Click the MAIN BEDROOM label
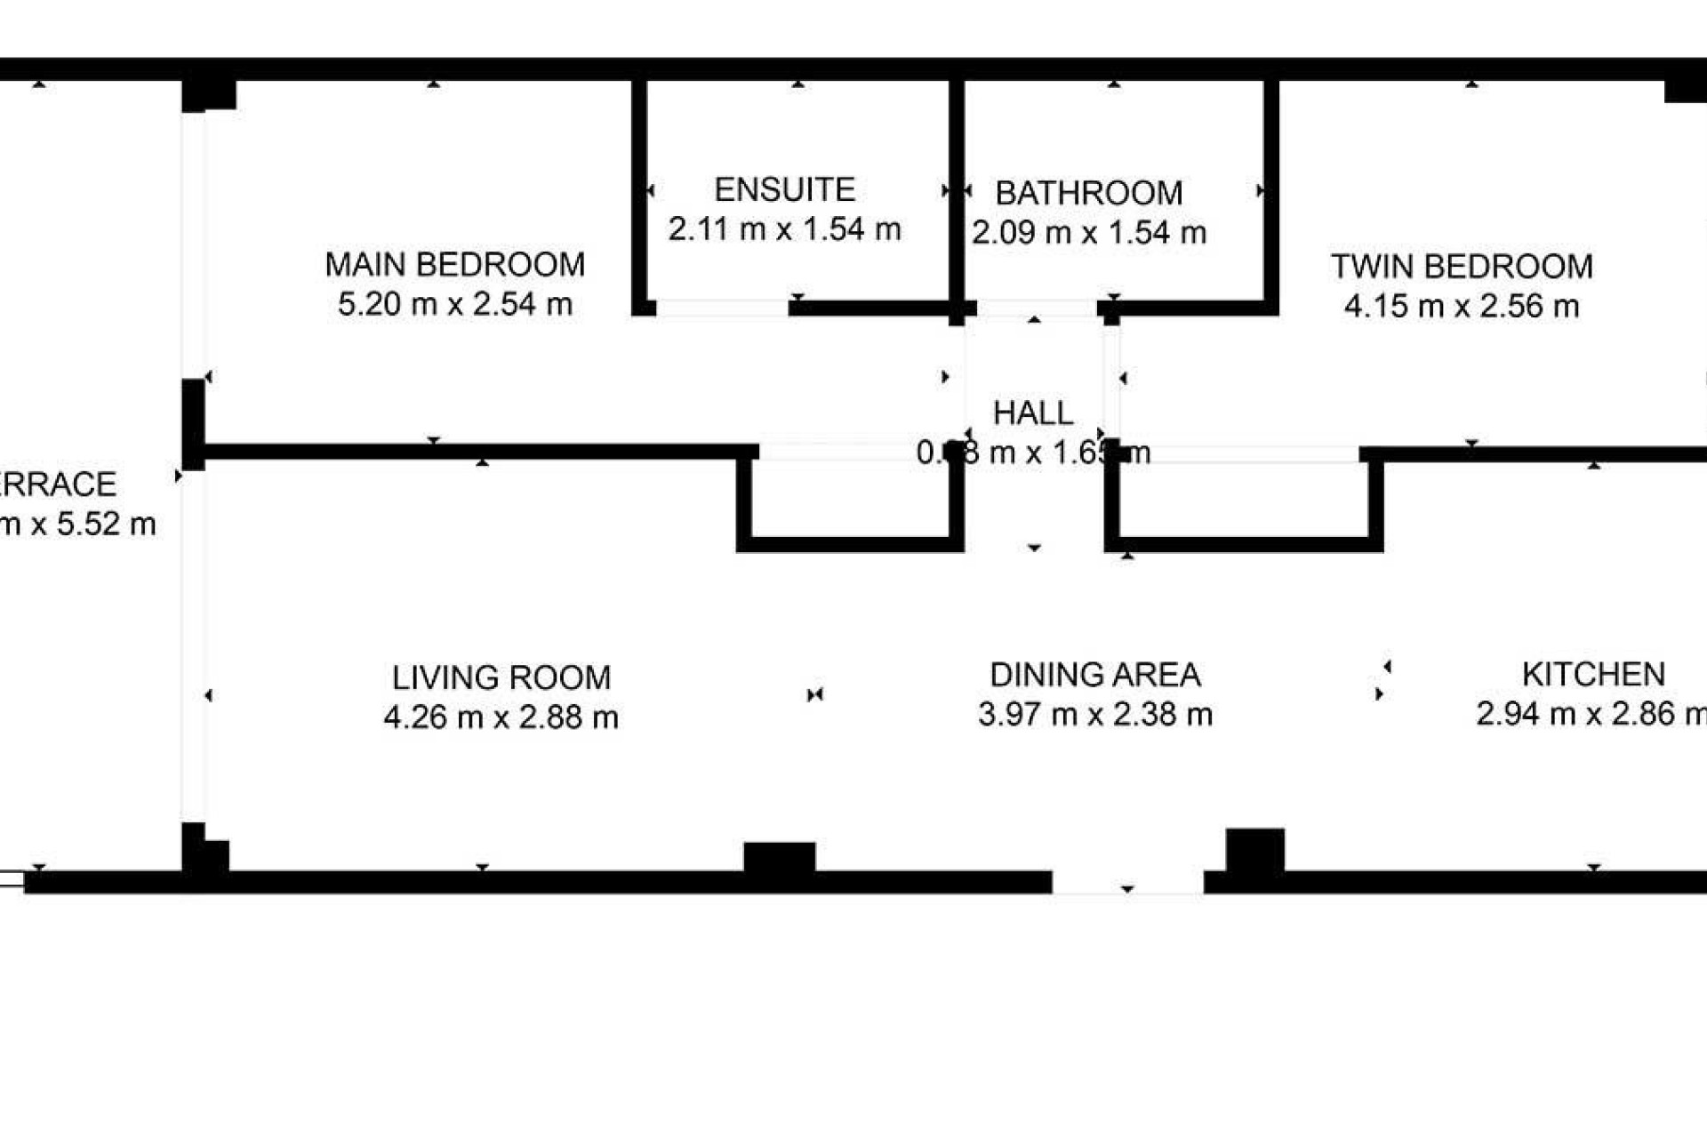point(454,264)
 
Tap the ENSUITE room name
point(784,189)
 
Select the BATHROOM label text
point(1088,193)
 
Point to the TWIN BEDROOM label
point(1461,266)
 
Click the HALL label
point(1032,413)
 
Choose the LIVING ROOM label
point(501,677)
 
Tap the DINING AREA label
point(1094,675)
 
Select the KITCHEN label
point(1592,674)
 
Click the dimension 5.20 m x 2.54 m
point(454,304)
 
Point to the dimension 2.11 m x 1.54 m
point(784,229)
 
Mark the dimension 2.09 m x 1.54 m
point(1088,233)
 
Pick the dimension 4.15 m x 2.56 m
point(1461,306)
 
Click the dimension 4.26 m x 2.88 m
point(501,717)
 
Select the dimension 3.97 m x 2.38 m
point(1094,714)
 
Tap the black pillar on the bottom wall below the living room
point(779,858)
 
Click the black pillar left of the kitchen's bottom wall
point(1254,851)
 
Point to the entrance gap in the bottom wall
point(1127,882)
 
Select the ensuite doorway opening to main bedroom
point(722,309)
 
